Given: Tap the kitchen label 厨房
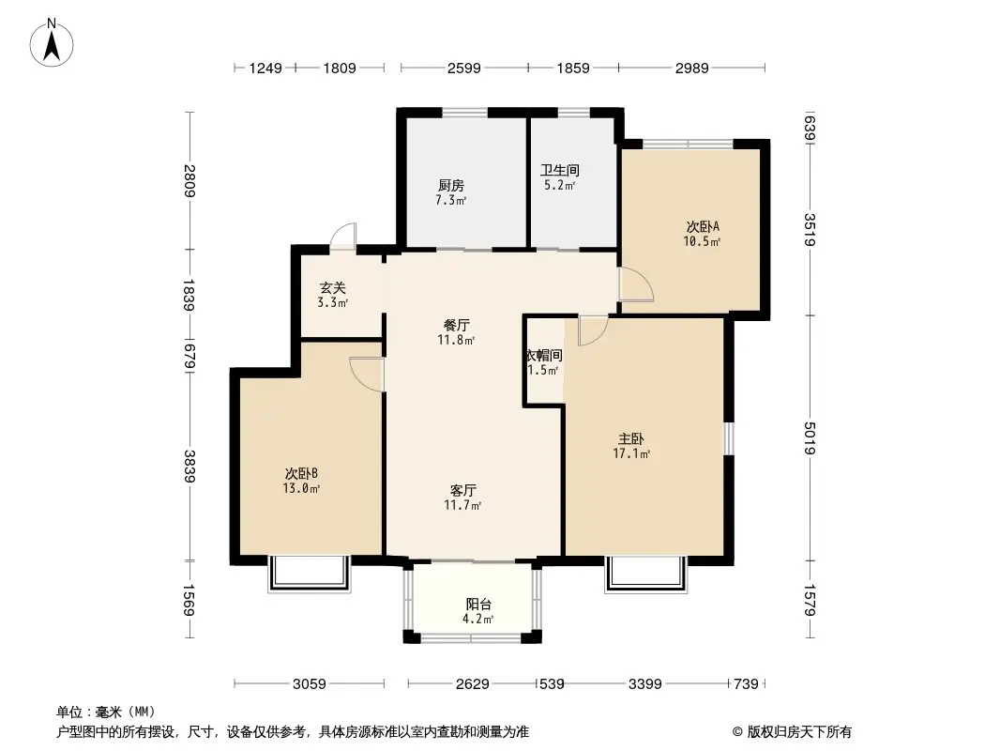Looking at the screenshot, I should [451, 185].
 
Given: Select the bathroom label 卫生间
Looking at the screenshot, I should [559, 171].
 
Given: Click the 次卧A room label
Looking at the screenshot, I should [702, 226].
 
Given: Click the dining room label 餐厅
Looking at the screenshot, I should [457, 325].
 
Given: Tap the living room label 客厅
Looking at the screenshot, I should [462, 490].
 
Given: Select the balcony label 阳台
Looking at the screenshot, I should [478, 605].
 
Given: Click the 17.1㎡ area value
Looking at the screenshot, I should [631, 454].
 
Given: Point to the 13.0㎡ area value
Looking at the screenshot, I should [303, 489].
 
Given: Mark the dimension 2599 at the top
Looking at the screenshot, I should [464, 68].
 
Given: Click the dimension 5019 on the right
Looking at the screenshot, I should [809, 438].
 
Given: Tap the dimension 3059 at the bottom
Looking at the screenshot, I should [308, 684].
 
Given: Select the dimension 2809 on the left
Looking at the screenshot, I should [189, 180].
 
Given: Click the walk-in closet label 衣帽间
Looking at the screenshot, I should [544, 356].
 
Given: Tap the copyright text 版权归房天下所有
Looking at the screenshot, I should [798, 731].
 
